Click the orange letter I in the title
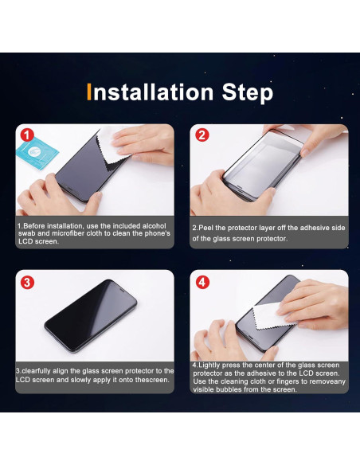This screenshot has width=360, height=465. coord(91,92)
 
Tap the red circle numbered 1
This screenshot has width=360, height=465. coord(27,135)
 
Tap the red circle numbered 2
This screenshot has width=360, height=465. coord(202,135)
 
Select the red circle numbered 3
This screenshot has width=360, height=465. coord(27,282)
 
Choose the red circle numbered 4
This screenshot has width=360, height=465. coord(202,282)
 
